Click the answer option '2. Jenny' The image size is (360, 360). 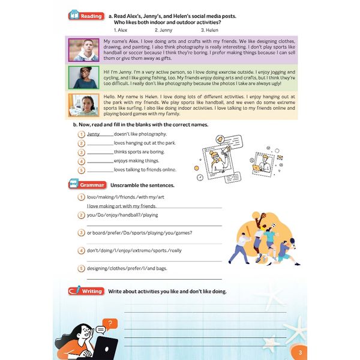tap(164, 29)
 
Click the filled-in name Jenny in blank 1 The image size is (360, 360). tap(94, 134)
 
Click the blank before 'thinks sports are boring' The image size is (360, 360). tap(100, 152)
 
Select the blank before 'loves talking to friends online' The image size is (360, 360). tap(100, 170)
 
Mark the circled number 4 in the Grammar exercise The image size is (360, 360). tap(80, 250)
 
